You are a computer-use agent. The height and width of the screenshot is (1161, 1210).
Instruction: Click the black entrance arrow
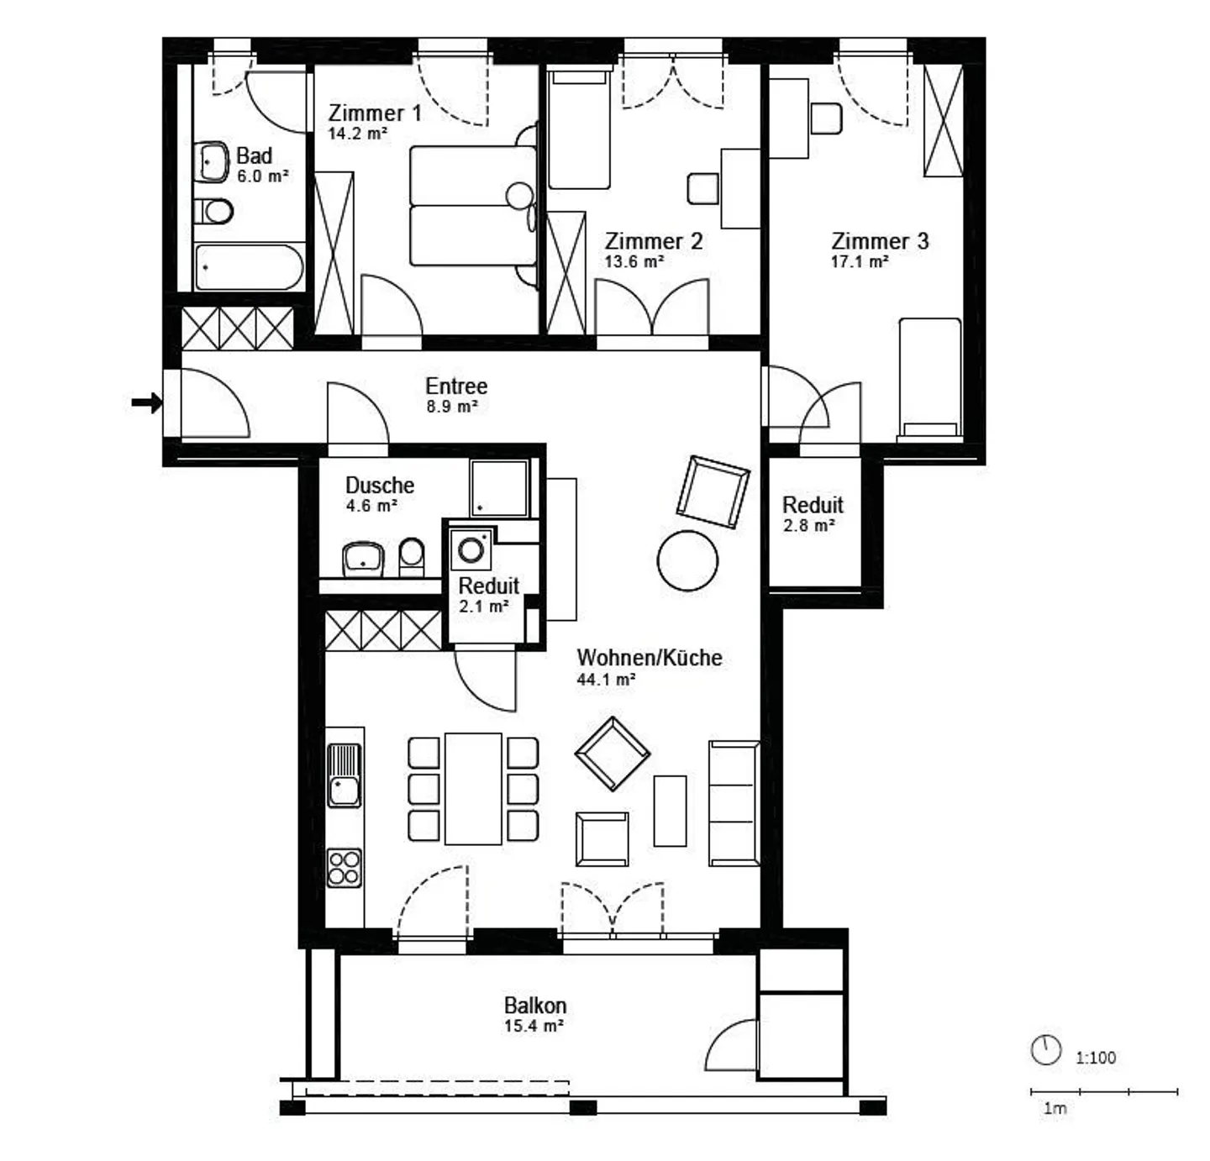tap(147, 402)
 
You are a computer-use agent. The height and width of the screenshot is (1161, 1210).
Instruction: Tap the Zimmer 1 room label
tap(375, 113)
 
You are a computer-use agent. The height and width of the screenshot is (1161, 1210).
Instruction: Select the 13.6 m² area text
tap(634, 261)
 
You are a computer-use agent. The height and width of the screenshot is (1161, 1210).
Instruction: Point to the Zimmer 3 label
tap(880, 241)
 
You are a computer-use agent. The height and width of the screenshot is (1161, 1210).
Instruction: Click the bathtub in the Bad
tap(250, 267)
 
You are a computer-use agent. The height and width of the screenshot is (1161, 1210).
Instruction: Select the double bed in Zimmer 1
tap(472, 206)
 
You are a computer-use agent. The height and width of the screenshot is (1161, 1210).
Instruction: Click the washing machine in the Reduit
tap(471, 549)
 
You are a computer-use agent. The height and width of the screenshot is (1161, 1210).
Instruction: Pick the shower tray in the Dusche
tap(498, 489)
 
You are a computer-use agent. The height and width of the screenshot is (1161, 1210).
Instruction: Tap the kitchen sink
tap(344, 775)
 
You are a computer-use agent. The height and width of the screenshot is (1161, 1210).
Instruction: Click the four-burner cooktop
tap(344, 868)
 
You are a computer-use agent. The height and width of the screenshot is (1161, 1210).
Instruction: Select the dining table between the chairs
tap(473, 789)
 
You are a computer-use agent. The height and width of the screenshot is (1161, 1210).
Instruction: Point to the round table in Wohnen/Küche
tap(687, 560)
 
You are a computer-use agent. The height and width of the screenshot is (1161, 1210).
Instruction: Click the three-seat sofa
tap(734, 803)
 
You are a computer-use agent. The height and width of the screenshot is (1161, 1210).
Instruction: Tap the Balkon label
tap(535, 1006)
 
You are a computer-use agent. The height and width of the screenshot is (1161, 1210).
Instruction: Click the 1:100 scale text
tap(1096, 1058)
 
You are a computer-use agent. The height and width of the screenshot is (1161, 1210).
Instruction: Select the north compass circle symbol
tap(1046, 1050)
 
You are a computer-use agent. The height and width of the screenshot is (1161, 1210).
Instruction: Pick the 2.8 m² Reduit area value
tap(809, 526)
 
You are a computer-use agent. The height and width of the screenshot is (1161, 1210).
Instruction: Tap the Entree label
tap(456, 386)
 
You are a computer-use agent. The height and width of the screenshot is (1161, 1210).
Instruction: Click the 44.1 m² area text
tap(606, 680)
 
